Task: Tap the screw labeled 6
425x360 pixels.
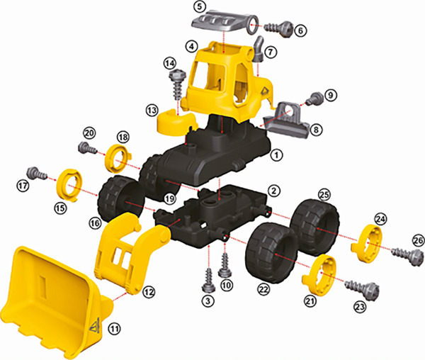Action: pos(278,28)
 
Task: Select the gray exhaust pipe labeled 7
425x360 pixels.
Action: pos(258,48)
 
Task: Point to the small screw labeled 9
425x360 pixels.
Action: pos(315,99)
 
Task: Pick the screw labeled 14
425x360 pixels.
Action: pos(177,84)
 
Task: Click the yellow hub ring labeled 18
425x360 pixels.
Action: pos(118,158)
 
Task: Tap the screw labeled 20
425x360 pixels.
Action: pos(87,148)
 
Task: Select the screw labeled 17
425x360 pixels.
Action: pos(37,172)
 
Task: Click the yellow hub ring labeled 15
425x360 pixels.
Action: pos(68,185)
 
